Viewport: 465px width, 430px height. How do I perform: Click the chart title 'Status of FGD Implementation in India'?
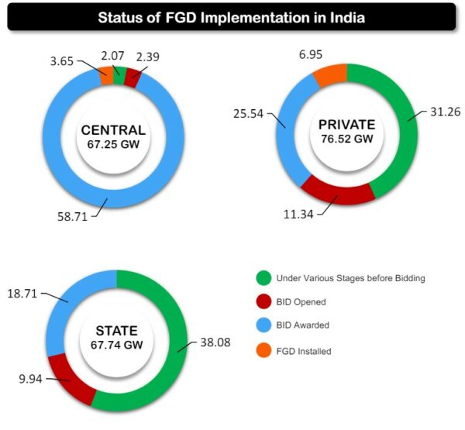tap(231, 16)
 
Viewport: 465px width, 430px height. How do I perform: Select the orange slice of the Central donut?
tap(105, 75)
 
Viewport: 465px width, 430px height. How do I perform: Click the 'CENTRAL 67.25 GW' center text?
tap(112, 136)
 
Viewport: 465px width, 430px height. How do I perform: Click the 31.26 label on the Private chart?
tap(445, 112)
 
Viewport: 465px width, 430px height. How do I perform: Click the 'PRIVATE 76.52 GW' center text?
tap(346, 131)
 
